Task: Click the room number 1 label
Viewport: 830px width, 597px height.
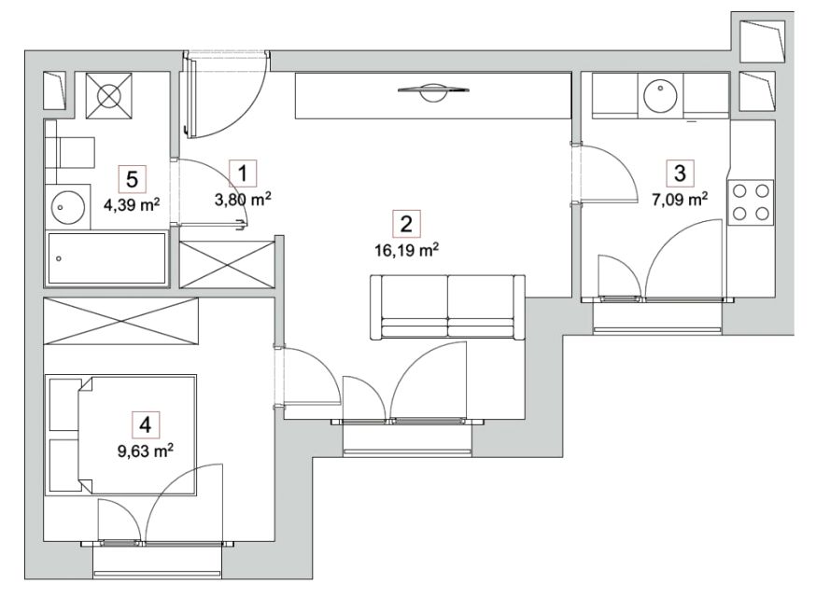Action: (243, 174)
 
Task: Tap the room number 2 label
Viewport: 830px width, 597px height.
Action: (406, 224)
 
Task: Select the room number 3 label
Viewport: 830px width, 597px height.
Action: (680, 173)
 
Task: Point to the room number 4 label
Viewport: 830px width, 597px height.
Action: (145, 424)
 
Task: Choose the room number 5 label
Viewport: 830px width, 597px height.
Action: (132, 179)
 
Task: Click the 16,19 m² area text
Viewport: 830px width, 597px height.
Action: (406, 250)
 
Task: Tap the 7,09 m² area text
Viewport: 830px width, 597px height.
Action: (680, 200)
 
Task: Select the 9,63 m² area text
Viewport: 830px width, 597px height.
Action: (145, 451)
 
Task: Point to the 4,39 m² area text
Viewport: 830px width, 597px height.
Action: (132, 204)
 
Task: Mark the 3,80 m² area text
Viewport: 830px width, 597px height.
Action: (243, 200)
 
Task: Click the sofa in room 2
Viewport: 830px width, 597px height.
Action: (448, 307)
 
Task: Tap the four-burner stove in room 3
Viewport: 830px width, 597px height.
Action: (751, 202)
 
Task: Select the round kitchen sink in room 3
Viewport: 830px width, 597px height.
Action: (660, 96)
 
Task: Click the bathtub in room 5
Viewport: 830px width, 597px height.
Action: (107, 259)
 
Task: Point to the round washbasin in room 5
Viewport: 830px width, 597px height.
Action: (68, 206)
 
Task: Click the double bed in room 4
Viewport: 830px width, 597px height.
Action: (136, 436)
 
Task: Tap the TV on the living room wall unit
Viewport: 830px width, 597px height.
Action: (433, 91)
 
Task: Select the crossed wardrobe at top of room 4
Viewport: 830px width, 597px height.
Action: (121, 322)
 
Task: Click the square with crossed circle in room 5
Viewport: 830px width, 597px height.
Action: (108, 95)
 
